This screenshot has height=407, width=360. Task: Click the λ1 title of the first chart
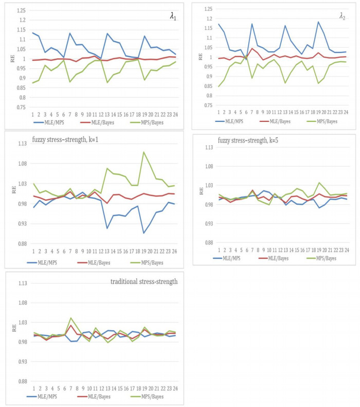[x=173, y=15]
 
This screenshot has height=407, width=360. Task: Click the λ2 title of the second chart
[x=342, y=16]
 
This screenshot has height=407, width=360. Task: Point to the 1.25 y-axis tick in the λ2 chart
[x=206, y=9]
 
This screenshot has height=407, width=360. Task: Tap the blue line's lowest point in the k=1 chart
[x=144, y=233]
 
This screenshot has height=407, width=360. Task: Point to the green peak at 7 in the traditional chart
[x=71, y=318]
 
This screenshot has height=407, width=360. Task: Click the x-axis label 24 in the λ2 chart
[x=345, y=111]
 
